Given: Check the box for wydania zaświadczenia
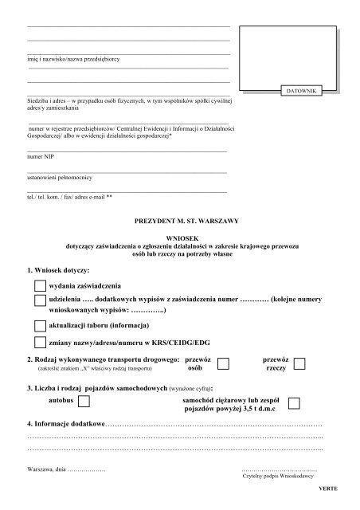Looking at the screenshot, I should (41, 285).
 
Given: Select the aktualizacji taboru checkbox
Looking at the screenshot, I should (41, 326).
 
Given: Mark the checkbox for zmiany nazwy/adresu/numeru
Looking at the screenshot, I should (41, 343).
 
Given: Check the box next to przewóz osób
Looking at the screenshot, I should (225, 365).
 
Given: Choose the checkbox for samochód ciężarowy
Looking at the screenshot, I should (295, 402).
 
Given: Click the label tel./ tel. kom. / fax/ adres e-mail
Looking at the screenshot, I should (70, 196).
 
